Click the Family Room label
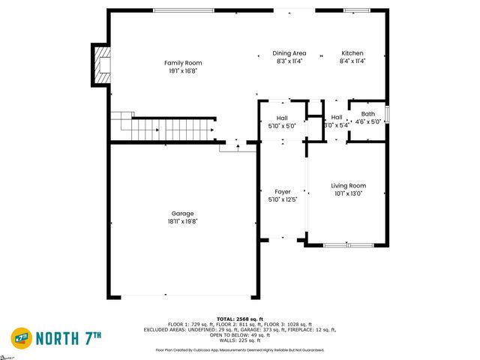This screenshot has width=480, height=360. coord(183,63)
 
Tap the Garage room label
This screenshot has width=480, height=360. coord(183,212)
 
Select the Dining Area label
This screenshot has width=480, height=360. coord(289,53)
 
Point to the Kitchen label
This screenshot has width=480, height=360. coord(352,53)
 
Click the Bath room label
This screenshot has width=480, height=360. coord(367,114)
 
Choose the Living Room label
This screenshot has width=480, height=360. coord(348,185)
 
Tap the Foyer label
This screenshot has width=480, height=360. coord(283,192)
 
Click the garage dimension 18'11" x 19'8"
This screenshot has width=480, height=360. coord(183,222)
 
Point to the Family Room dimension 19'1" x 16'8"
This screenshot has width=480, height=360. coord(183,72)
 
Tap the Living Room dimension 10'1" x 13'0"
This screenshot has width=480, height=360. coord(348,194)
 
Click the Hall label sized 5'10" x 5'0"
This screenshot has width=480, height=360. coord(282,118)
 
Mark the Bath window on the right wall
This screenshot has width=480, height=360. coord(387,114)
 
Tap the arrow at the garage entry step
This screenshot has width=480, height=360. coord(238,146)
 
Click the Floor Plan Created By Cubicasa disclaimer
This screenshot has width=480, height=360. coord(239,350)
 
